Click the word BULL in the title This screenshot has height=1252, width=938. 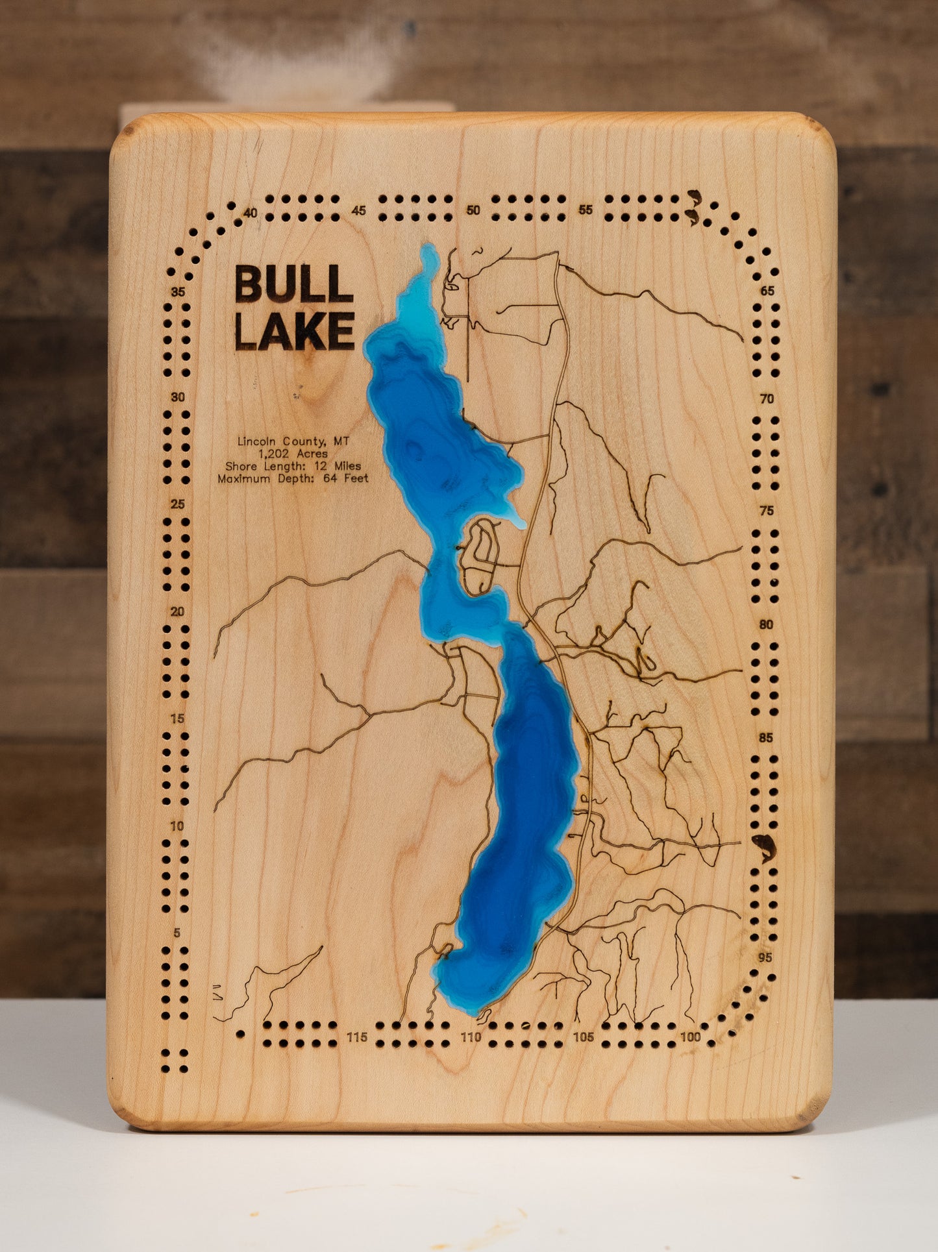(293, 284)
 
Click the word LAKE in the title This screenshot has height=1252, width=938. (293, 331)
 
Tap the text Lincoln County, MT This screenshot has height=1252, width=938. (293, 441)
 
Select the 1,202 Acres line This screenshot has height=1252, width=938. (293, 454)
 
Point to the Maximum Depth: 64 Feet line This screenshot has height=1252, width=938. (293, 478)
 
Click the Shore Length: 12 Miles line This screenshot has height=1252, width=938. (293, 466)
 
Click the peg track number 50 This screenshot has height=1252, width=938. (473, 210)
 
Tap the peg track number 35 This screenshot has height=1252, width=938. (178, 292)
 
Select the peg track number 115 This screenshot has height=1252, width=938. (357, 1037)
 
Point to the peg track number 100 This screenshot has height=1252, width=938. (691, 1037)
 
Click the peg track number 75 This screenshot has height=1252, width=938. (767, 511)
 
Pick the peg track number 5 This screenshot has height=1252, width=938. (178, 933)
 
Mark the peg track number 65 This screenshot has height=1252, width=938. (767, 291)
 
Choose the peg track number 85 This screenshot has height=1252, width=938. (766, 738)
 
